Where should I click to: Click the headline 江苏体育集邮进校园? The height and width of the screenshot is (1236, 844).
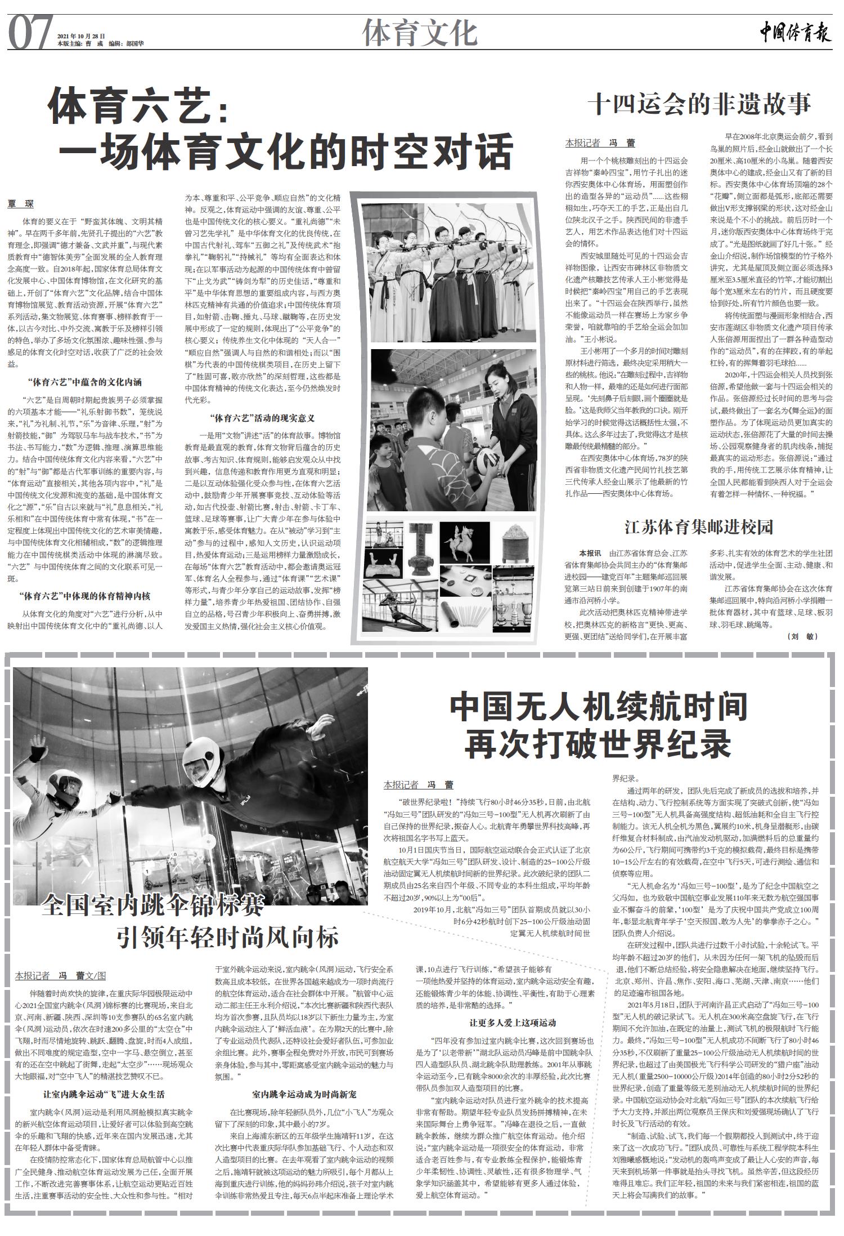pos(699,528)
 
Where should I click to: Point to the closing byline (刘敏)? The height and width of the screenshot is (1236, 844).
pos(803,636)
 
